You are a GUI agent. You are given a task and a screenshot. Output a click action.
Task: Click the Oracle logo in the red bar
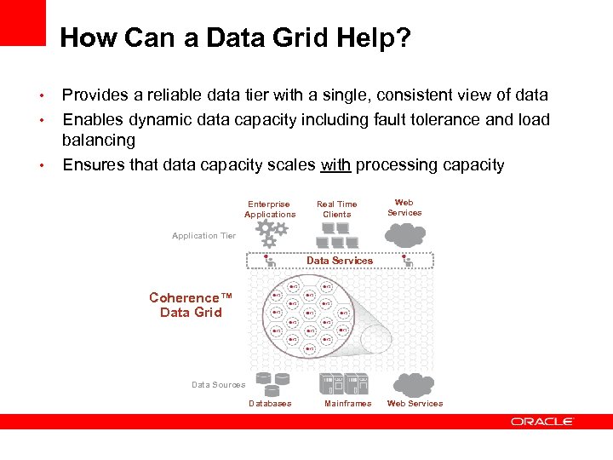point(542,422)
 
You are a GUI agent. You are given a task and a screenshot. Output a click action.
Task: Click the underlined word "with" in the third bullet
point(335,164)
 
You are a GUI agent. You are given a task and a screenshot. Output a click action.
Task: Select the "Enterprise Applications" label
point(269,210)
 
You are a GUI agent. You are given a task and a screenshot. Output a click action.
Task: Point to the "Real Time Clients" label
point(336,210)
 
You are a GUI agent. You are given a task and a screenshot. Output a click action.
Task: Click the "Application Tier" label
point(203,236)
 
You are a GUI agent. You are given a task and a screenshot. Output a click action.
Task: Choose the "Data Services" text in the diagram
point(340,261)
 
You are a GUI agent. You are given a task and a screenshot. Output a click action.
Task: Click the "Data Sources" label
point(218,385)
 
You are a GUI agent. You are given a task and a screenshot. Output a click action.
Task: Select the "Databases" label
point(270,404)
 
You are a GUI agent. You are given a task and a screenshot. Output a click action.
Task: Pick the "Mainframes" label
point(347,404)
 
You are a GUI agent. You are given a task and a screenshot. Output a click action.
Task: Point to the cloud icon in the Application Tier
point(404,232)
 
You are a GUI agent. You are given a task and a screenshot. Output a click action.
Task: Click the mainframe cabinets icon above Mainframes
point(343,382)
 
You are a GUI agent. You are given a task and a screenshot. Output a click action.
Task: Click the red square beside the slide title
point(22,22)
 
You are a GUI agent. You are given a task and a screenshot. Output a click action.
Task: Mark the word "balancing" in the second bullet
point(99,140)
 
